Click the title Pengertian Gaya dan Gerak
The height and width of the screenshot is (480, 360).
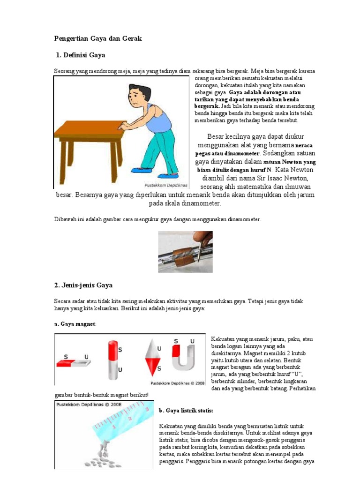[x=98, y=38]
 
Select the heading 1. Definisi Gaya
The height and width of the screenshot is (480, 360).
[x=80, y=55]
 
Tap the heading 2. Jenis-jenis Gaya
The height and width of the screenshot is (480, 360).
[x=83, y=285]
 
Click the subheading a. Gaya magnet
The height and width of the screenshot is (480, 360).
[x=74, y=324]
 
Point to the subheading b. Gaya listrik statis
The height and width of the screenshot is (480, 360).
[x=186, y=411]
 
